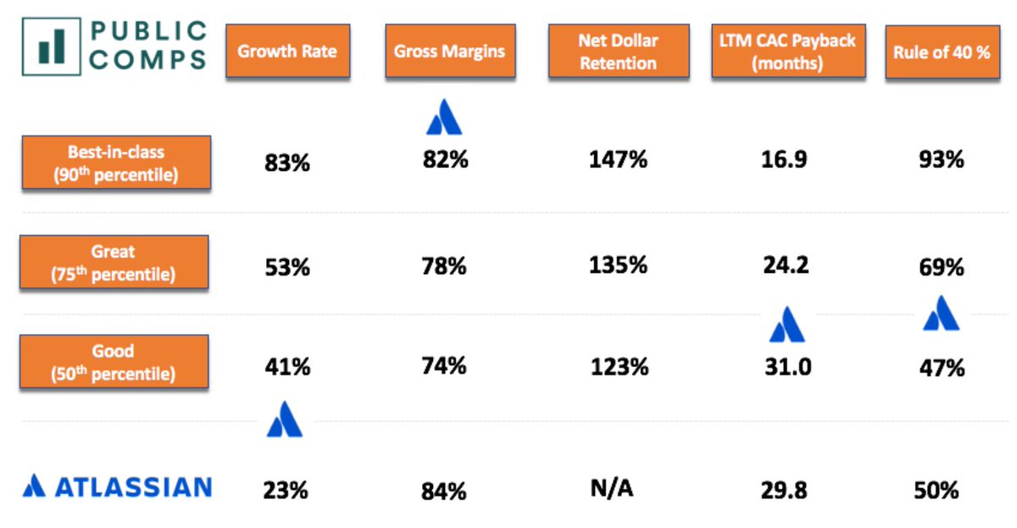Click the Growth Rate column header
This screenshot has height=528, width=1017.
pos(286,51)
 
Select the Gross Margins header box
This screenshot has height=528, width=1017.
pos(448,51)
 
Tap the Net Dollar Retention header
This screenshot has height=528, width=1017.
pos(617,52)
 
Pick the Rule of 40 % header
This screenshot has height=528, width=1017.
pos(941,52)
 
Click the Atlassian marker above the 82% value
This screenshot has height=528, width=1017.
pos(444,119)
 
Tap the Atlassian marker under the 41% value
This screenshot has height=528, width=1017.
pos(285,420)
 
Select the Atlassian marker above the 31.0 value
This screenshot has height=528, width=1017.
pos(787,324)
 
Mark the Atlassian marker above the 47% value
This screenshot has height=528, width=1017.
pos(941,314)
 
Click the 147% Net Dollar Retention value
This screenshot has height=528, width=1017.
pos(618,159)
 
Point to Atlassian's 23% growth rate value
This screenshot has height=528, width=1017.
pos(286,490)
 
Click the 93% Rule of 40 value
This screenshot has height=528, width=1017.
pos(941,159)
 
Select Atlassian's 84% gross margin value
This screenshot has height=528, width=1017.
pos(445,490)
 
